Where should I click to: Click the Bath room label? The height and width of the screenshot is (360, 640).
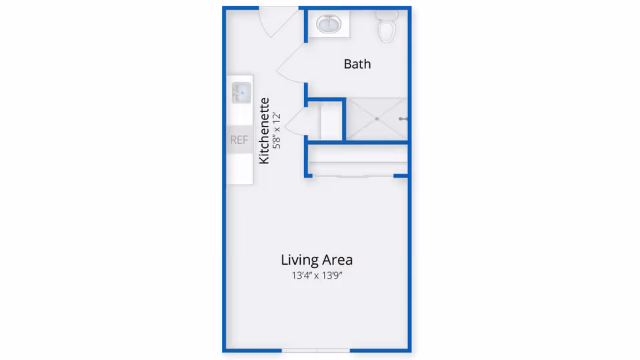click(x=357, y=64)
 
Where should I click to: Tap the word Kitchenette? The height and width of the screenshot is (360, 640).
click(x=264, y=131)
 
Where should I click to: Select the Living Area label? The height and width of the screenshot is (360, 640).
click(x=317, y=260)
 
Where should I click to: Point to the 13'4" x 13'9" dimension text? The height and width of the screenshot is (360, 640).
click(x=317, y=275)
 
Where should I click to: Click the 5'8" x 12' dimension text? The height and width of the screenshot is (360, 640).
click(x=277, y=131)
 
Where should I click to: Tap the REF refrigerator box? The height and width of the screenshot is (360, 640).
click(x=239, y=139)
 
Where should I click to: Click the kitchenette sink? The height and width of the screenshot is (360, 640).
click(x=241, y=93)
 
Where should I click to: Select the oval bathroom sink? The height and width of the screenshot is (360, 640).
click(x=329, y=24)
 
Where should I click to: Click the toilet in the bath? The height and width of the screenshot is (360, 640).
click(x=387, y=26)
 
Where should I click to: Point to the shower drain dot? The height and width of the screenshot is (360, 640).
click(x=377, y=119)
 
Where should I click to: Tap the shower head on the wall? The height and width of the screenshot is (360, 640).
click(x=403, y=119)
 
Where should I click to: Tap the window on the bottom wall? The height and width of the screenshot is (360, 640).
click(x=316, y=350)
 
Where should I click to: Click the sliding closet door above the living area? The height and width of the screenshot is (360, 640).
click(x=353, y=176)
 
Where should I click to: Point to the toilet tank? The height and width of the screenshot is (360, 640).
click(x=387, y=15)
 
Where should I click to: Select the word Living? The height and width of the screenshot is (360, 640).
click(x=299, y=260)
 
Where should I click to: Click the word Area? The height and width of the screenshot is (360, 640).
click(x=337, y=260)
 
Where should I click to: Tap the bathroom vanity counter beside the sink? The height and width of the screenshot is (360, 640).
click(x=329, y=24)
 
